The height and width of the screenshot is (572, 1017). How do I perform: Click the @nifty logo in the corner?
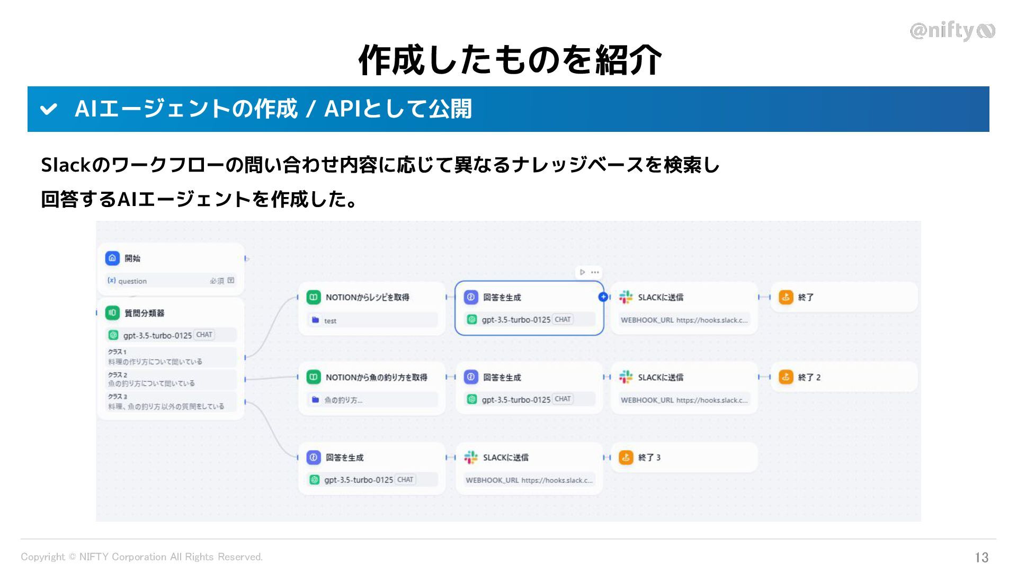(952, 31)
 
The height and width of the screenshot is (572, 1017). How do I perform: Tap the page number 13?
(982, 557)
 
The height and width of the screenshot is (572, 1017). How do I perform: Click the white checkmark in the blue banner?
(49, 109)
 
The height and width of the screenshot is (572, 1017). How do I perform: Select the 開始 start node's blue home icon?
(112, 258)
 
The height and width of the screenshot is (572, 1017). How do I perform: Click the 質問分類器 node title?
(144, 313)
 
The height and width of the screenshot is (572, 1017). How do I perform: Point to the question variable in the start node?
(132, 281)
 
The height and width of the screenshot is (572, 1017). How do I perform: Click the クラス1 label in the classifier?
(117, 352)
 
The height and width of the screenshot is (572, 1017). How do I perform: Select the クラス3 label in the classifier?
(117, 397)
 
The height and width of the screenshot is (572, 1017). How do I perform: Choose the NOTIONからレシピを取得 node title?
(367, 297)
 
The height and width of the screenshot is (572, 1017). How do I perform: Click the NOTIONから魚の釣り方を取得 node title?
(376, 377)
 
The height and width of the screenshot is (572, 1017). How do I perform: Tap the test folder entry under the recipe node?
(329, 320)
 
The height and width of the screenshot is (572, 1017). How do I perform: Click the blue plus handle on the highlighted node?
(603, 297)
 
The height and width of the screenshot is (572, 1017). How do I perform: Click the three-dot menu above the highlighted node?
(595, 272)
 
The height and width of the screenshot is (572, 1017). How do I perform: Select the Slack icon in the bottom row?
(470, 457)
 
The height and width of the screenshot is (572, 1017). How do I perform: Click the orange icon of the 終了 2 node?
(786, 377)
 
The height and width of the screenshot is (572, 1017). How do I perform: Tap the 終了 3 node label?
(649, 457)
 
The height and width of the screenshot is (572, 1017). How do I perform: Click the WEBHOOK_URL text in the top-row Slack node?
(647, 320)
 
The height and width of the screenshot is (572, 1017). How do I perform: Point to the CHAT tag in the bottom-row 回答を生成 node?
(405, 480)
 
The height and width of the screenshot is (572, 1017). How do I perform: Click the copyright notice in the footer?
(141, 557)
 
